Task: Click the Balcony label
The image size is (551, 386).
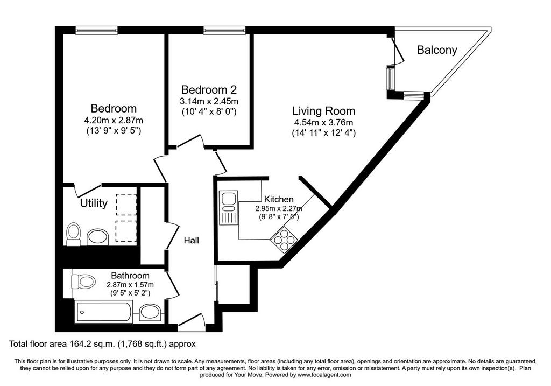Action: coord(437,50)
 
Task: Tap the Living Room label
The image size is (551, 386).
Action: coord(323,111)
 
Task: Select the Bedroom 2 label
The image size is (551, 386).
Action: coord(209,89)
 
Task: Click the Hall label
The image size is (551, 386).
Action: coord(192,240)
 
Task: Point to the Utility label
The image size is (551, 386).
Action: coord(94,203)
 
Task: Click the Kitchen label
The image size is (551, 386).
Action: coord(279,199)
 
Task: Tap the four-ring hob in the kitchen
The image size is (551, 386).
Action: coord(284,240)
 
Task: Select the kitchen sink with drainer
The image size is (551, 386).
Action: coord(228,207)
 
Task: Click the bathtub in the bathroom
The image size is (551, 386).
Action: coord(104,312)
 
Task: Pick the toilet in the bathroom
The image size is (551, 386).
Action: coord(83,281)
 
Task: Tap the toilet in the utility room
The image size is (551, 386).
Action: coord(73,234)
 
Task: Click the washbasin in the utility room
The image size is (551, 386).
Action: coord(98,237)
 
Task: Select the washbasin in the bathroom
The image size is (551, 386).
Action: coord(151,312)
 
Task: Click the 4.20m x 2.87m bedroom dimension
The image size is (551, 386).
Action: coord(114,121)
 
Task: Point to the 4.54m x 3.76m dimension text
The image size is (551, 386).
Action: coord(323,123)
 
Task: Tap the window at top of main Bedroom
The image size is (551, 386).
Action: coord(96,31)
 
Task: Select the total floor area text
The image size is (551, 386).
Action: coord(102,344)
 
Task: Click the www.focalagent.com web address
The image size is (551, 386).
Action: coord(324,375)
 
